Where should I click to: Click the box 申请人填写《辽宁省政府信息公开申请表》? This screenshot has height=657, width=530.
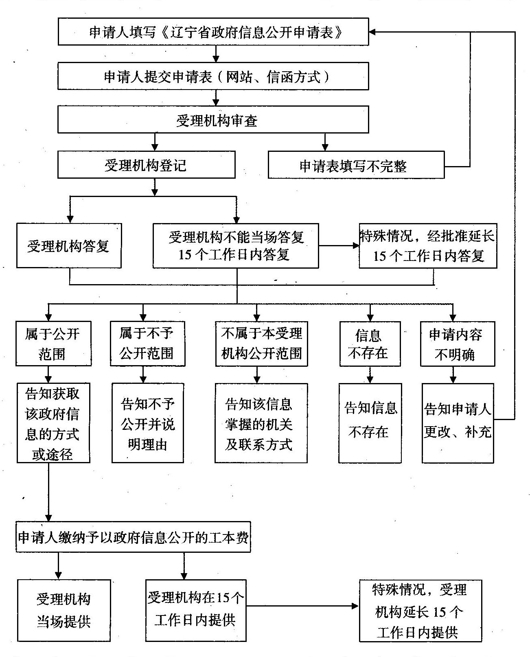(x=213, y=31)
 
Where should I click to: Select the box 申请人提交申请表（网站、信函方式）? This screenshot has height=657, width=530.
(x=213, y=76)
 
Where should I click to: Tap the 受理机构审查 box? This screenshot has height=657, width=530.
(x=213, y=120)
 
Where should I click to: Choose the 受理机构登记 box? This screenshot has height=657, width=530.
(x=146, y=165)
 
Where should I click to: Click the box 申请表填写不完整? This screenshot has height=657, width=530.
(x=356, y=165)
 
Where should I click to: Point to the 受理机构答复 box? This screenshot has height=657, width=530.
(x=69, y=245)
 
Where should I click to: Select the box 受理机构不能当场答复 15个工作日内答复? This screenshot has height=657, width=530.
(x=236, y=245)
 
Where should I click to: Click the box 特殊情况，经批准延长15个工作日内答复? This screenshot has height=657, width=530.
(x=428, y=245)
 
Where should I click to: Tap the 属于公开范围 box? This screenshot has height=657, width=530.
(x=53, y=344)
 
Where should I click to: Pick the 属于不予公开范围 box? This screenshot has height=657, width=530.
(x=147, y=344)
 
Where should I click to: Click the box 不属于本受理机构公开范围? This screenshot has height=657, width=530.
(x=261, y=344)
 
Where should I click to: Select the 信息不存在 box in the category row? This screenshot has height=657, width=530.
(x=370, y=344)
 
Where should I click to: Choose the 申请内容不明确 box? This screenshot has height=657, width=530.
(x=457, y=344)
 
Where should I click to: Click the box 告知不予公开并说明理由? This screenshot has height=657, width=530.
(x=148, y=423)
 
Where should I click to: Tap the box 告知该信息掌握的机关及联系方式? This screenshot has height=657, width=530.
(x=261, y=423)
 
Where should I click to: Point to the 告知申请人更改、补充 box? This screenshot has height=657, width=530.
(x=458, y=423)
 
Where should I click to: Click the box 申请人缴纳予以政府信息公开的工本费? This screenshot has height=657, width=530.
(x=133, y=537)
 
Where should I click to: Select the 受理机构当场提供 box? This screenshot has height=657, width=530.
(x=64, y=610)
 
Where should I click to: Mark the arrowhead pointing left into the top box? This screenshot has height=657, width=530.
(x=373, y=32)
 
